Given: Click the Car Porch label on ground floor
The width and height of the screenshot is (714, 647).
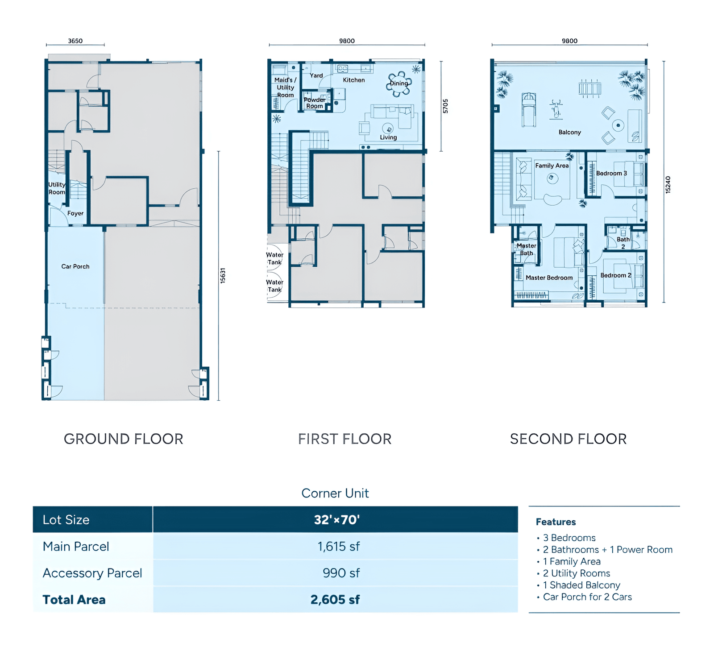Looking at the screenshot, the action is (75, 266).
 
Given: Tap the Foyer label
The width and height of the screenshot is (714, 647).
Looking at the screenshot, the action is (75, 213).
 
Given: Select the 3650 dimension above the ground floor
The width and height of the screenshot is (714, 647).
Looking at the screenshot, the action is (75, 41).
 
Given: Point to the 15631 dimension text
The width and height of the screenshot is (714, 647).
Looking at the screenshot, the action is (223, 275).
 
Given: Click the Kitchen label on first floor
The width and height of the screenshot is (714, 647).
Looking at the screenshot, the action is (354, 80).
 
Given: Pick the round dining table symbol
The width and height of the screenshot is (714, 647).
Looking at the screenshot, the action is (399, 83).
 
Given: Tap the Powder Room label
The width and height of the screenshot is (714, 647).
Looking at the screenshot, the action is (315, 103).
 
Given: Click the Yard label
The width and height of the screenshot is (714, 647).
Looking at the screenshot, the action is (316, 76).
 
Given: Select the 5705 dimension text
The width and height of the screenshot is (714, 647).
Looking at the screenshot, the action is (445, 106).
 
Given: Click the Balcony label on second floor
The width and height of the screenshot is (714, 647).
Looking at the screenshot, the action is (570, 133).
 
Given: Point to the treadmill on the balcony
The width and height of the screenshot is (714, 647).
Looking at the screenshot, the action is (529, 110).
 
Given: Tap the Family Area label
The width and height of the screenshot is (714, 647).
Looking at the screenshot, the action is (552, 166).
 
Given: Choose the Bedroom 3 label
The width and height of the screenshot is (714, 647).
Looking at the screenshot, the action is (611, 173).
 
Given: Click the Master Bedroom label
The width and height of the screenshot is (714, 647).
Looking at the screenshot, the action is (549, 278).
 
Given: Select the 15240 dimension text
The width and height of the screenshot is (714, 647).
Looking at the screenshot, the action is (668, 185).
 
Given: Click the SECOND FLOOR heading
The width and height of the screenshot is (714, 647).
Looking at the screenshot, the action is (568, 439).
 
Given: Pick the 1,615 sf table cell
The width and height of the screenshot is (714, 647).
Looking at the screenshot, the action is (339, 547).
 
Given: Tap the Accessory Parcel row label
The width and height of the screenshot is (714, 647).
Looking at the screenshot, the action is (92, 573).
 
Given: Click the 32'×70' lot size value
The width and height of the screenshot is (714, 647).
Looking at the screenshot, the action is (337, 520).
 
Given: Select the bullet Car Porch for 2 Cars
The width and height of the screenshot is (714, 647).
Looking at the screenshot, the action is (585, 597).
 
